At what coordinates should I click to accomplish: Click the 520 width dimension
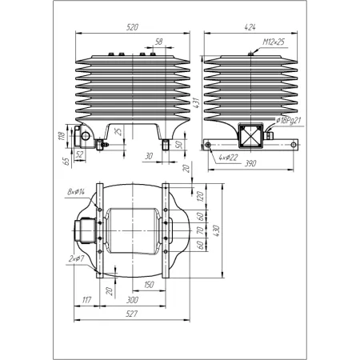pyautogui.click(x=132, y=27)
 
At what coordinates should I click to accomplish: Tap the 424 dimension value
pyautogui.click(x=250, y=27)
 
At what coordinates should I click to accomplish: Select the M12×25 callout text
pyautogui.click(x=274, y=42)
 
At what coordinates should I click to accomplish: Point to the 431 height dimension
pyautogui.click(x=197, y=103)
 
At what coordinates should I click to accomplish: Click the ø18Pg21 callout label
pyautogui.click(x=289, y=121)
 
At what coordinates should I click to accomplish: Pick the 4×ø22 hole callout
pyautogui.click(x=228, y=158)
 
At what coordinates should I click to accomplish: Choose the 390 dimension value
pyautogui.click(x=250, y=163)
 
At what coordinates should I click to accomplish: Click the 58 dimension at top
pyautogui.click(x=158, y=42)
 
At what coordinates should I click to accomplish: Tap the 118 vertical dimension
pyautogui.click(x=62, y=136)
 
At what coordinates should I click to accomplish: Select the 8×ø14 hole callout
pyautogui.click(x=76, y=191)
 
